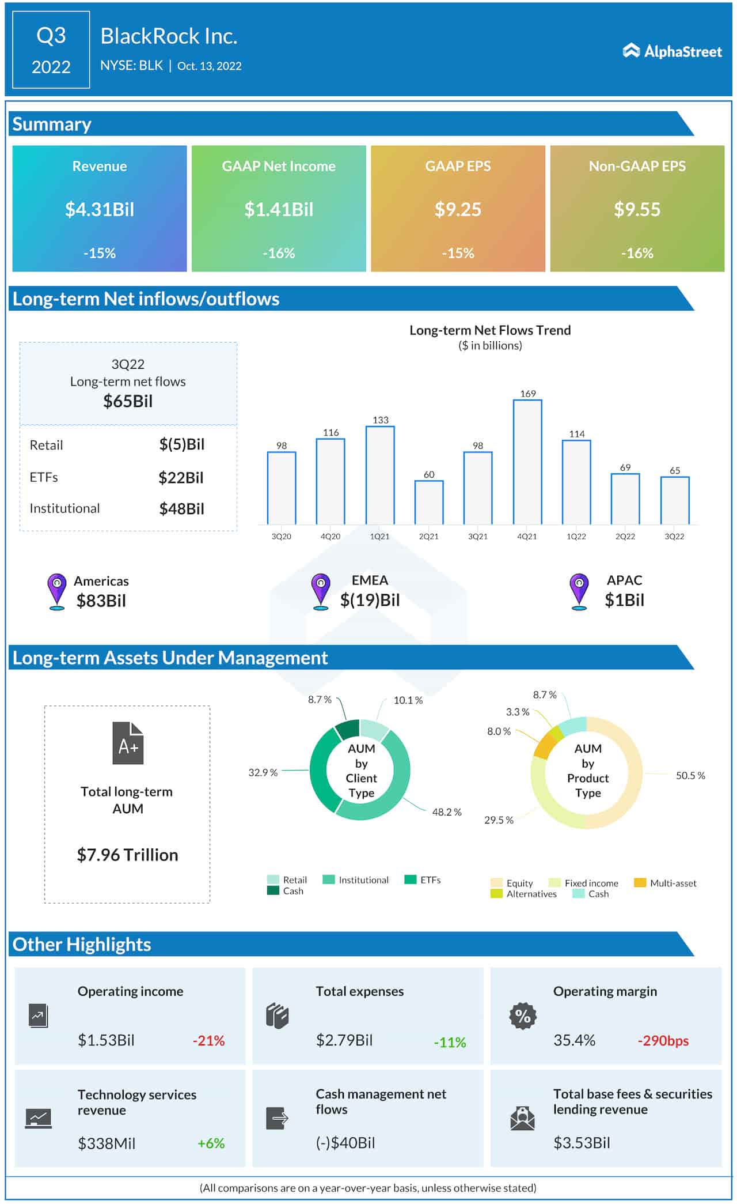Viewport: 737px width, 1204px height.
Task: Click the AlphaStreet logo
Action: [x=672, y=51]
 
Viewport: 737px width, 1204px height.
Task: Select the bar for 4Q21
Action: [x=527, y=461]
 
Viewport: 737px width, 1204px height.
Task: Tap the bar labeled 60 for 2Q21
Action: [x=429, y=502]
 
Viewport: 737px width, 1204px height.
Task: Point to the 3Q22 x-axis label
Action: [x=674, y=536]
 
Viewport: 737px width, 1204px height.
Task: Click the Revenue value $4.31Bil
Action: [x=100, y=209]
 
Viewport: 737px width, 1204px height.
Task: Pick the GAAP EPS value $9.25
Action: [x=458, y=209]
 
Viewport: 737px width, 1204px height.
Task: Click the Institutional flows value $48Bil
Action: [x=181, y=508]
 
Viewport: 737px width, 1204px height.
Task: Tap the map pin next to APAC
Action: [x=579, y=591]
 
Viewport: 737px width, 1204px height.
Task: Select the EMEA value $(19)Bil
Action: [x=370, y=600]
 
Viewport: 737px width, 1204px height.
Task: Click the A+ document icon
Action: [x=128, y=743]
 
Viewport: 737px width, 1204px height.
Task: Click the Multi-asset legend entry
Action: [x=666, y=883]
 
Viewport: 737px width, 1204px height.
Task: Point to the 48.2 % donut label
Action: [x=447, y=812]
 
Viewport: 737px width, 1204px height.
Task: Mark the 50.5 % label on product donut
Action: [x=690, y=776]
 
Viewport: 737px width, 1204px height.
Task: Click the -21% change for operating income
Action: [x=208, y=1040]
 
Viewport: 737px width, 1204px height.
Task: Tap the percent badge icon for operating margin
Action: [x=523, y=1016]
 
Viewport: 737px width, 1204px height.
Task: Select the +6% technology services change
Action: [x=211, y=1143]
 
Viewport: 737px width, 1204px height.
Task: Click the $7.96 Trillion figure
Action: [x=128, y=855]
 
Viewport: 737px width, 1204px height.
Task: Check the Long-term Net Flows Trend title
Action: [x=490, y=330]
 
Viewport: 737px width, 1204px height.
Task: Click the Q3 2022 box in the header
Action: [x=51, y=50]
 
